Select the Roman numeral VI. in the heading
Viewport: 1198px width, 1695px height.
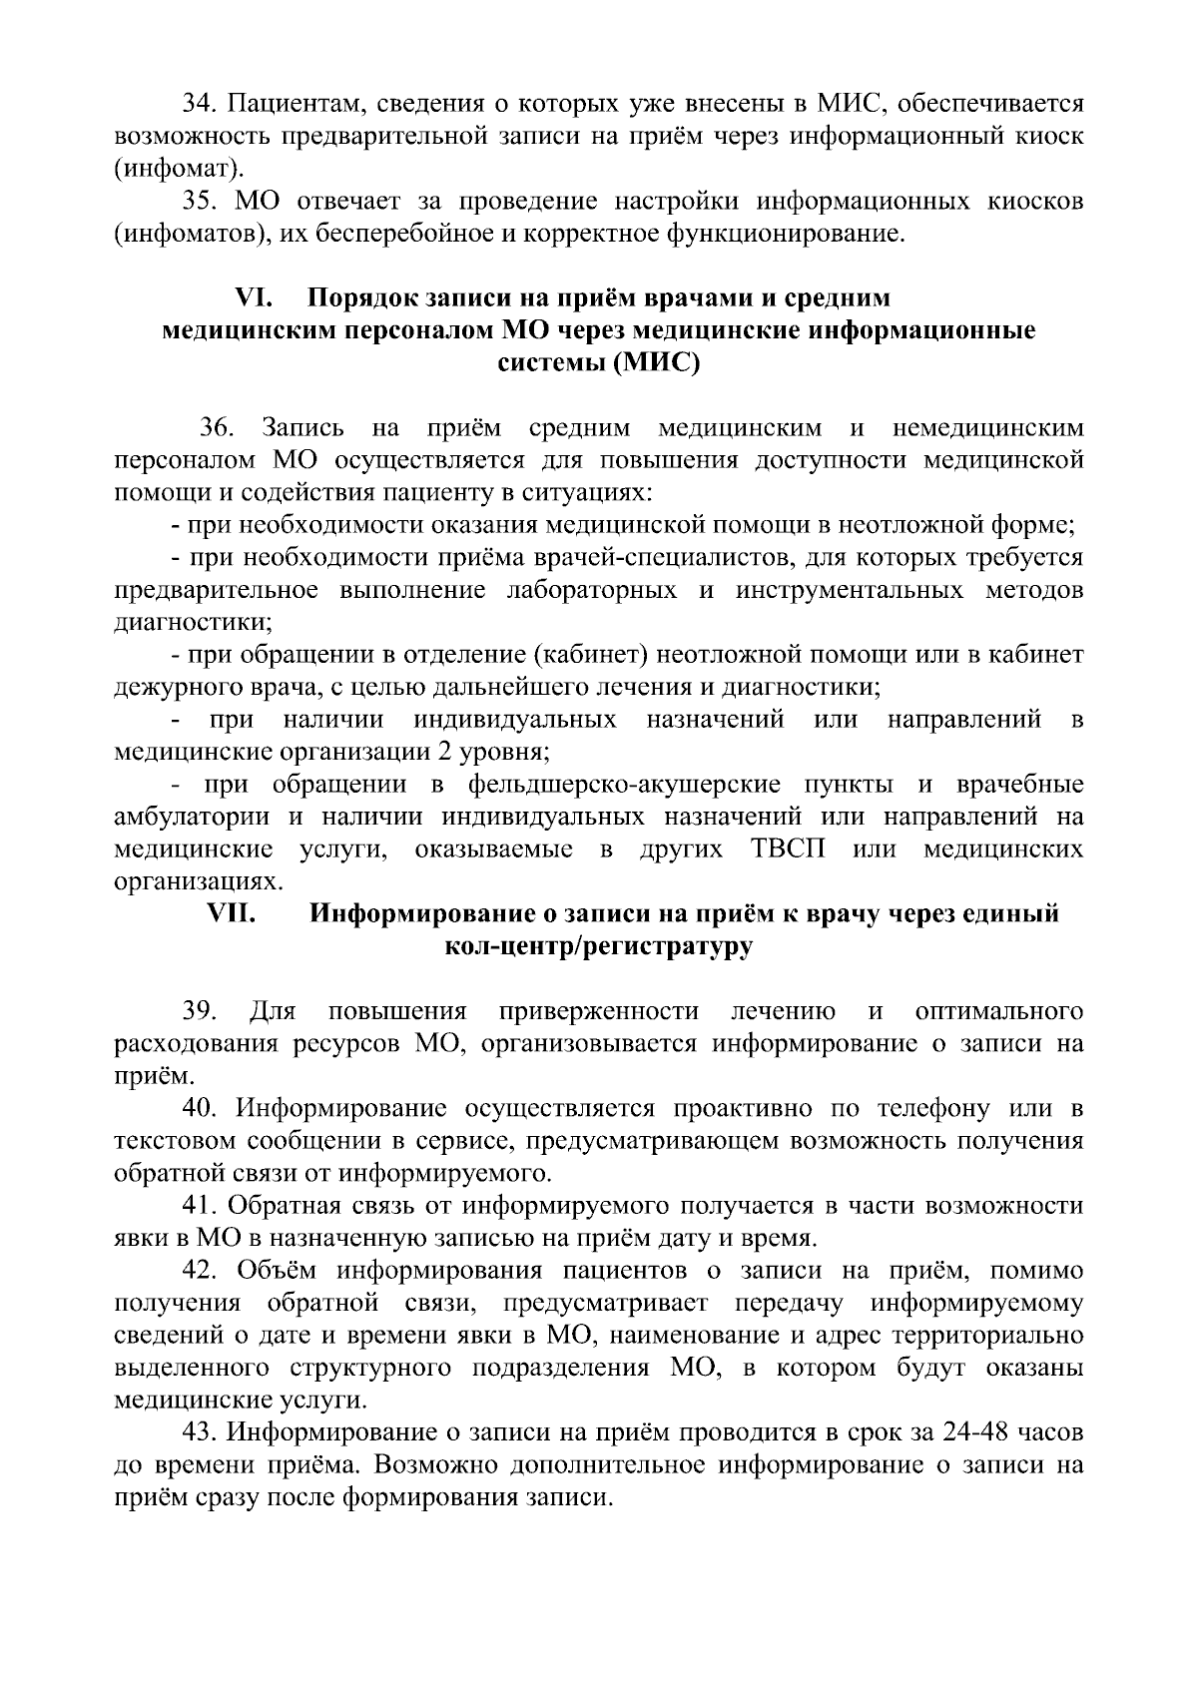(255, 298)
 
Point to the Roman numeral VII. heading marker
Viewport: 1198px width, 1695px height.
(232, 913)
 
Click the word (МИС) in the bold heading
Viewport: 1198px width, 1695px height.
(655, 362)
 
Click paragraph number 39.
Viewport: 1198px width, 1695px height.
(200, 1011)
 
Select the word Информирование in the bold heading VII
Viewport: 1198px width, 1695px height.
(422, 913)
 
